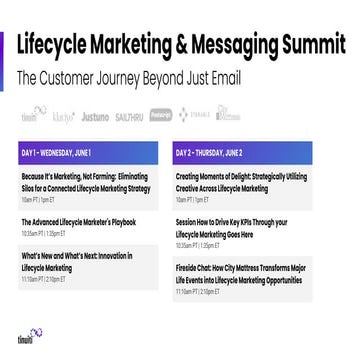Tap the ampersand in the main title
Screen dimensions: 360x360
(x=187, y=44)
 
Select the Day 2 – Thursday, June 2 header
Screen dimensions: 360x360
(x=225, y=153)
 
